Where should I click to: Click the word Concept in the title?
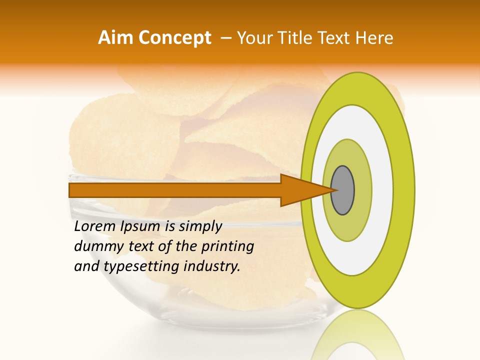click(x=175, y=38)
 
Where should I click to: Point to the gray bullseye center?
click(x=342, y=190)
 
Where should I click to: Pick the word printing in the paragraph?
click(x=227, y=247)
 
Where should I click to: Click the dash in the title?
click(x=226, y=38)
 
